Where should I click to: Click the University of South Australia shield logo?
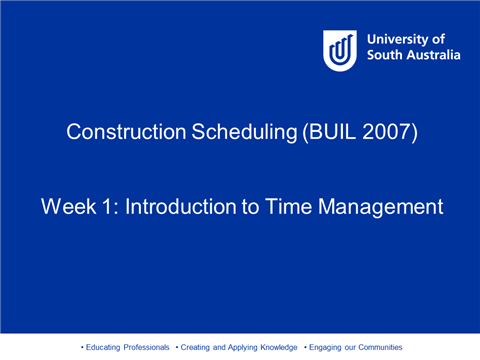(339, 49)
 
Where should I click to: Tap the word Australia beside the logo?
(432, 56)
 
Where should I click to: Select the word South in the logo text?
(385, 56)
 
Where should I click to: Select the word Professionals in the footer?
(147, 347)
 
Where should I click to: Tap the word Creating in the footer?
(195, 347)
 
